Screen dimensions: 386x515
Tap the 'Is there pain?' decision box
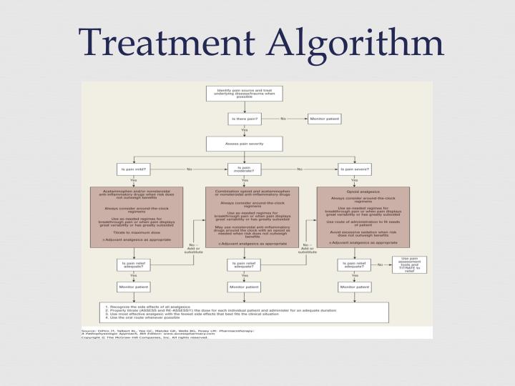point(244,119)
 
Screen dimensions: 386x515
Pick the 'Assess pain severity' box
point(244,144)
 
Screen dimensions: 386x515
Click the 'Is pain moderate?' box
point(244,169)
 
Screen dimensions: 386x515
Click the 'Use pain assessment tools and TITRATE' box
point(409,264)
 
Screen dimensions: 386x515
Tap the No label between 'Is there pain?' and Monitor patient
point(283,119)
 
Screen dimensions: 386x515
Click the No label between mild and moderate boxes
point(190,169)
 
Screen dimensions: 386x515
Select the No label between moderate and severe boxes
point(300,169)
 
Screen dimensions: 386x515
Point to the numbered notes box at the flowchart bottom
point(244,312)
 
